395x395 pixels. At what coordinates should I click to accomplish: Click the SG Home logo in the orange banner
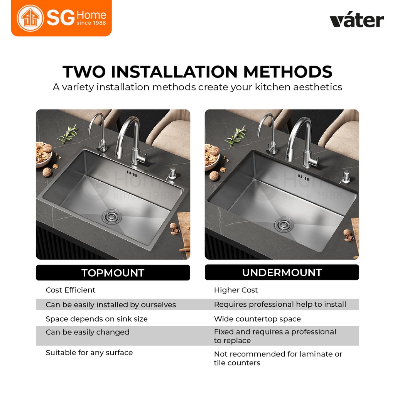click(61, 18)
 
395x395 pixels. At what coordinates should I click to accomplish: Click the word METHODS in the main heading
click(288, 72)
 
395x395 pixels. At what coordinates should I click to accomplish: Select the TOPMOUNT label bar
click(113, 273)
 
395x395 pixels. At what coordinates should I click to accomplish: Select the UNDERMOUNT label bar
click(282, 272)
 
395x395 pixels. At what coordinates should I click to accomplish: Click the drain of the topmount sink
click(112, 216)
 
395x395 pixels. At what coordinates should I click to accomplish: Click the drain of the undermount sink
click(284, 224)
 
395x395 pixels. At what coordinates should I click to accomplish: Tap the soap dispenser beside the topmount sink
click(172, 173)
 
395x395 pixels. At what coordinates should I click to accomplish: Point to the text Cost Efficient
click(71, 290)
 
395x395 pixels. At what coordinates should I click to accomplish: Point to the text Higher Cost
click(236, 290)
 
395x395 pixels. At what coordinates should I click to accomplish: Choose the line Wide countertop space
click(257, 319)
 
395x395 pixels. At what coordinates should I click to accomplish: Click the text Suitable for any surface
click(89, 353)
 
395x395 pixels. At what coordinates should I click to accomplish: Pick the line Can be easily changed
click(88, 332)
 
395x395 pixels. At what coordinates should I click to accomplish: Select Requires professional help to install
click(280, 305)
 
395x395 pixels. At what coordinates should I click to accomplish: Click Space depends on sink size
click(96, 319)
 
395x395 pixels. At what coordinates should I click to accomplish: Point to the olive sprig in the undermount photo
click(236, 136)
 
